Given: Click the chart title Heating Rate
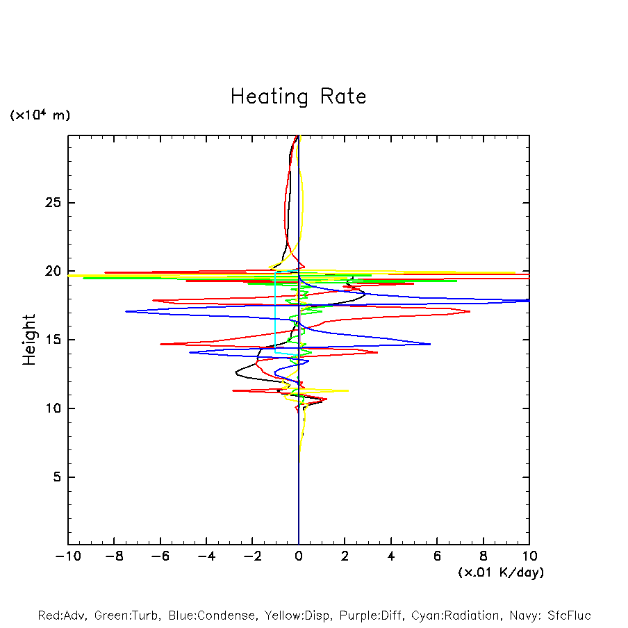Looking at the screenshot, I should coord(298,97).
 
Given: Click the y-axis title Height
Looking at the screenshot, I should coord(29,340).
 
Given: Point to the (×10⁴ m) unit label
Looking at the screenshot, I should coord(40,115).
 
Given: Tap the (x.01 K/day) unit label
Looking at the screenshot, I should coord(500,572).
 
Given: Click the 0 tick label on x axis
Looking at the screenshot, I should coord(299,556).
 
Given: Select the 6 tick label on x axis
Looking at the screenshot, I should coord(437,556).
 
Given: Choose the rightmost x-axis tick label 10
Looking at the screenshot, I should coord(529,556).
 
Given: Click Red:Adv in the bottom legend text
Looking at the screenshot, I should coord(60,615).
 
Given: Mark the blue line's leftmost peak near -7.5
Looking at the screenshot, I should coord(126,311).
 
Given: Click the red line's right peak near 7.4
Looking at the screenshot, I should coord(470,311).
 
